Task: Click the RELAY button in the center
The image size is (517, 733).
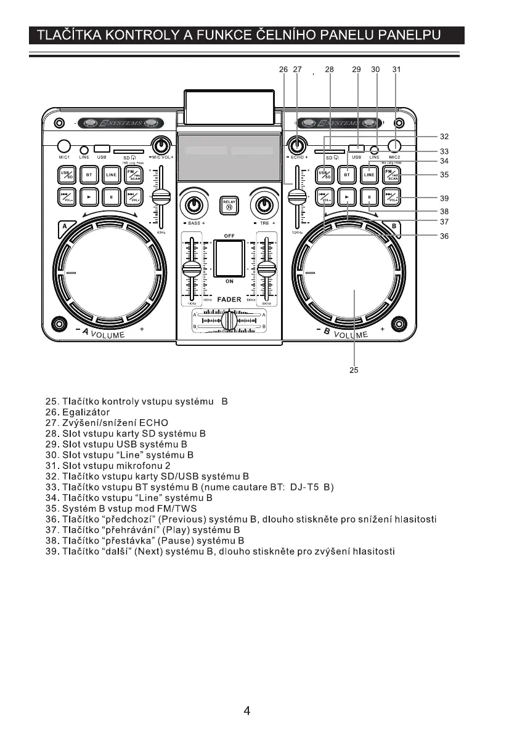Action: (x=229, y=204)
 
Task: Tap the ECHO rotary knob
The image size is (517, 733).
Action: (x=298, y=146)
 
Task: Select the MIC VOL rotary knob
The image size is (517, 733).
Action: (x=161, y=145)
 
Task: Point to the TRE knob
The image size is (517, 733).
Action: (x=264, y=204)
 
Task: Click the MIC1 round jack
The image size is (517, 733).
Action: (x=64, y=146)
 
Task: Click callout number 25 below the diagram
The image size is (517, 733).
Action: (x=354, y=371)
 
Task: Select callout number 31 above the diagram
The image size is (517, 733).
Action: (x=396, y=70)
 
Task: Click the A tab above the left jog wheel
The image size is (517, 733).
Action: (x=65, y=230)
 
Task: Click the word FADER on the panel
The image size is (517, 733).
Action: (x=229, y=300)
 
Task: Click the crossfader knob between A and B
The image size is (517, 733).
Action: (x=229, y=321)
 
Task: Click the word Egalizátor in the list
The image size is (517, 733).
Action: (x=86, y=412)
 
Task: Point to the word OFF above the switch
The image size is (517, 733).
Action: (x=229, y=236)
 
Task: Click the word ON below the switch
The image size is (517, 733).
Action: (x=229, y=281)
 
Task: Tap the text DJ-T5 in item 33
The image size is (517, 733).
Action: (x=306, y=487)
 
